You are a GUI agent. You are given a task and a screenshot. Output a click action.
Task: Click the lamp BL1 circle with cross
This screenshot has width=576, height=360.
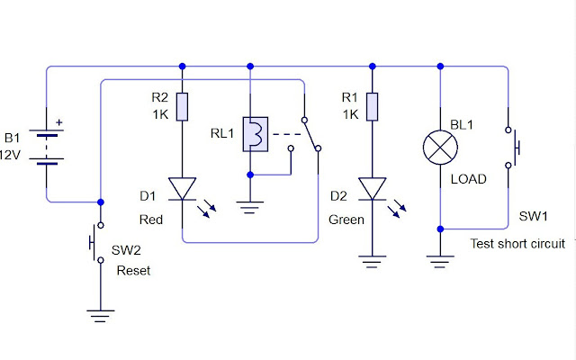coord(439,147)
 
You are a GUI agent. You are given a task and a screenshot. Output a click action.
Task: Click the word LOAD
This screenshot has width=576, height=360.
coord(468,179)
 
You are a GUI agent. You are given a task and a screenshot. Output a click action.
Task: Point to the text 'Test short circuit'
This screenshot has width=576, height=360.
coord(517,244)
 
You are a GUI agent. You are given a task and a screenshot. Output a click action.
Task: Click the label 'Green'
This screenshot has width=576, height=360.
coord(346,220)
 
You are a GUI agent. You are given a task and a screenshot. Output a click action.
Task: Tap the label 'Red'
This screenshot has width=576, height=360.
coord(150,220)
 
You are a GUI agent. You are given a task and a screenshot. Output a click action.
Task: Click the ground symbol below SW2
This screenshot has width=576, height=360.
coord(100,316)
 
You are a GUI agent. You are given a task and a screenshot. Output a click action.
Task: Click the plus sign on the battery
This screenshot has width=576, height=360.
coord(60,122)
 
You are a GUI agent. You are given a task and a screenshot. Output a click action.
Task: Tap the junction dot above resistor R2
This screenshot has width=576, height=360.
coord(183,66)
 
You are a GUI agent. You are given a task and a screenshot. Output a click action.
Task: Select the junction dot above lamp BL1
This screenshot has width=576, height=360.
coord(439,66)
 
